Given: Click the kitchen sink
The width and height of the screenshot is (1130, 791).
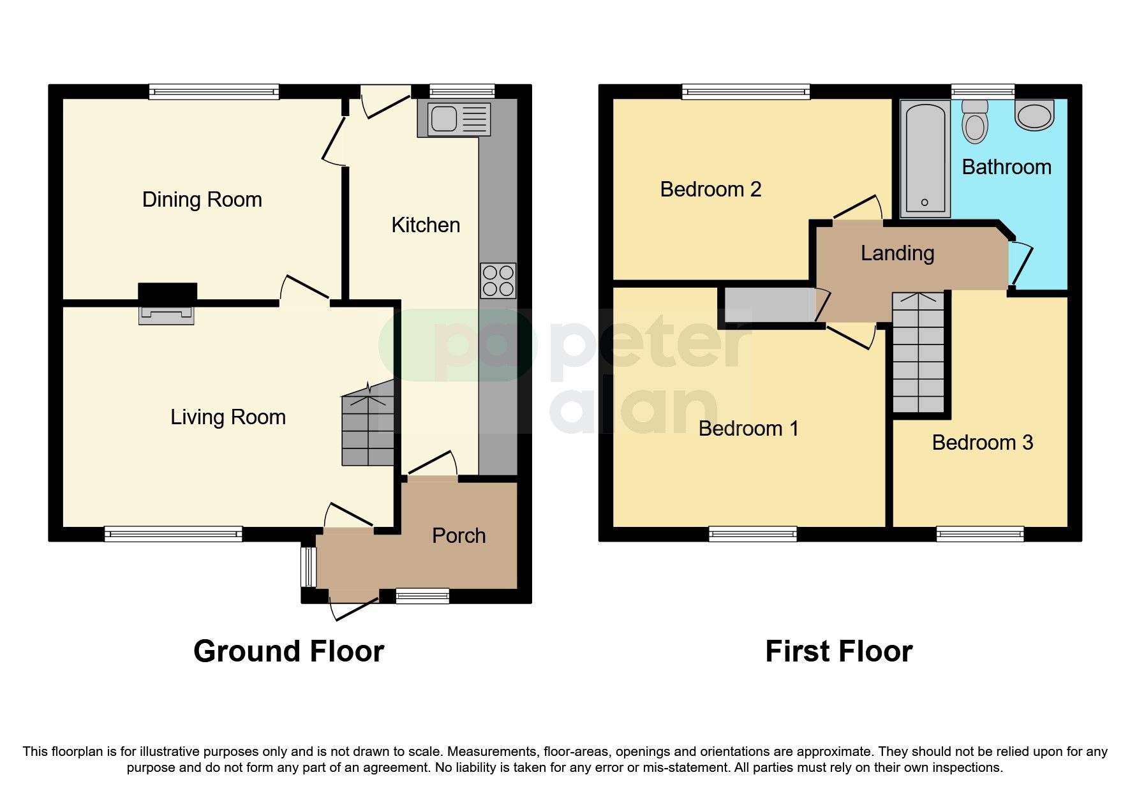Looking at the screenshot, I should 454,119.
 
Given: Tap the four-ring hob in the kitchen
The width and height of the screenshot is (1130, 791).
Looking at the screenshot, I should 498,281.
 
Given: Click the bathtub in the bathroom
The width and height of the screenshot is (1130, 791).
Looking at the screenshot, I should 925,159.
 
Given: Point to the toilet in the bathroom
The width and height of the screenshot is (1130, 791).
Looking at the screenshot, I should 974,121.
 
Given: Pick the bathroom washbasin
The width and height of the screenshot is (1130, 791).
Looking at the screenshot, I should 1034,115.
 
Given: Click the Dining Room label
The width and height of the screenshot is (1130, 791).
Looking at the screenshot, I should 202,200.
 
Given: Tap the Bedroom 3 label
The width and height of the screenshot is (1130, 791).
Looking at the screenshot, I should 982,442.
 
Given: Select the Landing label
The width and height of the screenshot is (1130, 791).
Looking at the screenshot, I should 897,253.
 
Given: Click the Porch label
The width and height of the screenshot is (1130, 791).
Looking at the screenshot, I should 458,536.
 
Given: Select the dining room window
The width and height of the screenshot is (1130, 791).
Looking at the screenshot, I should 214,92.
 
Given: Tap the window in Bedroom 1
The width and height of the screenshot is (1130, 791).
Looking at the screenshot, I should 752,534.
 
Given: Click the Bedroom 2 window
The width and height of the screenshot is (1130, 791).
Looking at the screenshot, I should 745,92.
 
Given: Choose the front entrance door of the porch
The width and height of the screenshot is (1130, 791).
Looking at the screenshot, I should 353,604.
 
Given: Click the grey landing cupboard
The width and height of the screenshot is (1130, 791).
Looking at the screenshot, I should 768,306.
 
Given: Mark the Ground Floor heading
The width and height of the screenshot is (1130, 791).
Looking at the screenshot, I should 288,651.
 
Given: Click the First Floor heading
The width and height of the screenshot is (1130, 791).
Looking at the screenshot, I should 838,651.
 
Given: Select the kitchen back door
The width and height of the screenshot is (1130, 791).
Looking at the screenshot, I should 385,102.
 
